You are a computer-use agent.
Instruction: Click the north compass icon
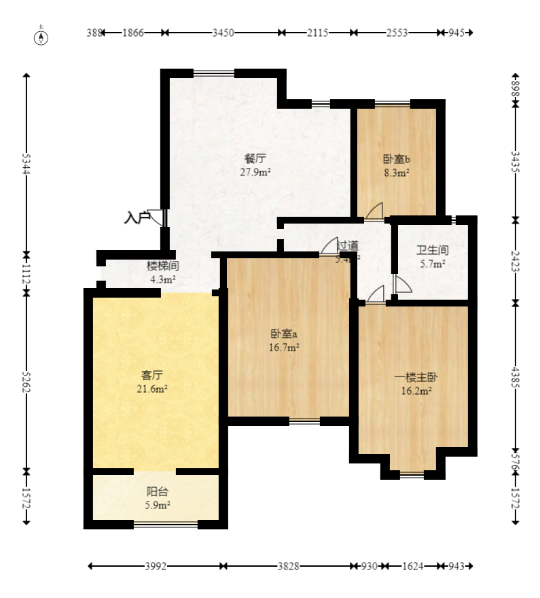42,36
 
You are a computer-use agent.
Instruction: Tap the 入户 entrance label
137,218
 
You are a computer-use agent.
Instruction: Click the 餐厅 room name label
255,159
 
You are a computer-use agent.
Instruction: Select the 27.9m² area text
255,172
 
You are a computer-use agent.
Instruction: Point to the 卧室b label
396,160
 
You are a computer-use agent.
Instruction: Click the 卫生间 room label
432,250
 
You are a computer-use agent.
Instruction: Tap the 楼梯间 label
162,266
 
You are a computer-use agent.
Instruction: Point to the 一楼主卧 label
414,377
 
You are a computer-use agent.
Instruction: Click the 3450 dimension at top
223,32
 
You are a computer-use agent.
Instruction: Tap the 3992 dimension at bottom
156,566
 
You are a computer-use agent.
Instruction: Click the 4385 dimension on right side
516,377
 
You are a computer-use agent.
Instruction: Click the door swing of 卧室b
374,211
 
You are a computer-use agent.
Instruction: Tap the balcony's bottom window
166,524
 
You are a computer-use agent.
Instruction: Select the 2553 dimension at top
397,32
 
